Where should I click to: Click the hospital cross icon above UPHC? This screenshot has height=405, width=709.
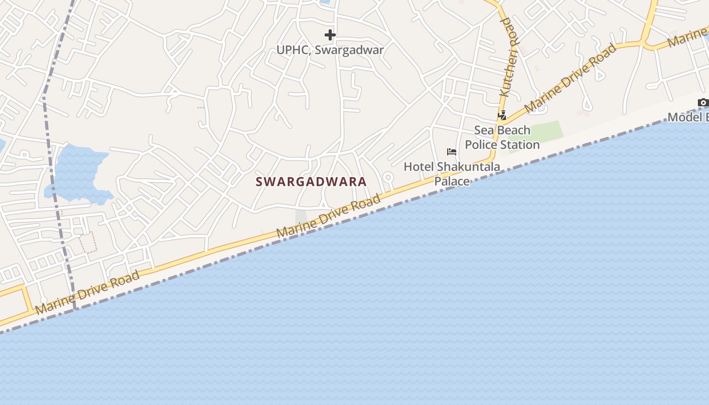[330, 35]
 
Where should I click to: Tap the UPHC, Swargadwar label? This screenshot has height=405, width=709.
[330, 50]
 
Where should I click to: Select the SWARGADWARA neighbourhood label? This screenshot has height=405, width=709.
[311, 182]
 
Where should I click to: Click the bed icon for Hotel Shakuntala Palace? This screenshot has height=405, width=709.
[452, 152]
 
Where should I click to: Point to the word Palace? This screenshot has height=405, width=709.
[452, 181]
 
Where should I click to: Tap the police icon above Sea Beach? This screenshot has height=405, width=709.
[502, 115]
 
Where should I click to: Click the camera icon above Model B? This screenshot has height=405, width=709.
[703, 103]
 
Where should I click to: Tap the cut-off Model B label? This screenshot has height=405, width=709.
[689, 117]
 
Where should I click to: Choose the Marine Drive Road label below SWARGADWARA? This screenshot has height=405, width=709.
[328, 217]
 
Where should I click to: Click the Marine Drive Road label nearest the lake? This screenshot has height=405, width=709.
[87, 293]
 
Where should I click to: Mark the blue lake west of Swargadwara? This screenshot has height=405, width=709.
[78, 172]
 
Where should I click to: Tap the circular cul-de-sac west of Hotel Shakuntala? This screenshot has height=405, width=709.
[388, 177]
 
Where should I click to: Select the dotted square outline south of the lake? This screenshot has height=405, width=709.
[88, 243]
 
